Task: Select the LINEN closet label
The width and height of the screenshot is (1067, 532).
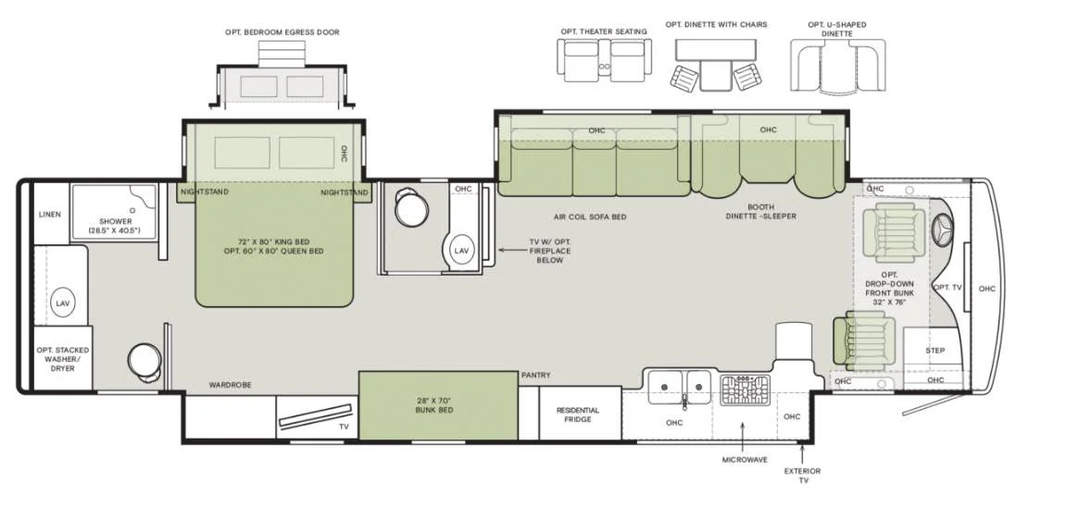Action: tap(50, 215)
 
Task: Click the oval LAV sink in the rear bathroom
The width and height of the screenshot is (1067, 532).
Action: tap(63, 303)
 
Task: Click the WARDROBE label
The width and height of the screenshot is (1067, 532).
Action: tap(230, 385)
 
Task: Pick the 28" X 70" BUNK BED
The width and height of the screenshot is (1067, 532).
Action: tap(437, 405)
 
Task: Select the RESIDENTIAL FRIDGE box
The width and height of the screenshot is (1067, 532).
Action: tap(578, 414)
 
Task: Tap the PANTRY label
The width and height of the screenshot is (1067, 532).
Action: tap(535, 376)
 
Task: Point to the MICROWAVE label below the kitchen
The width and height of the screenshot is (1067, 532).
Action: tap(745, 460)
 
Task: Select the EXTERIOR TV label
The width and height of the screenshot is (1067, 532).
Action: tap(802, 476)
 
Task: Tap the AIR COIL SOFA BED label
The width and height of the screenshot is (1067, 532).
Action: tap(590, 217)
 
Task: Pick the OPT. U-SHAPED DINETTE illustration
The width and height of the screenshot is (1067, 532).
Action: tap(837, 66)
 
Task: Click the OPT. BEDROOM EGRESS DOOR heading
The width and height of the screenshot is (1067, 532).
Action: tap(282, 32)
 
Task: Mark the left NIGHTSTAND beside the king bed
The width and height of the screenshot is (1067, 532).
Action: tap(205, 192)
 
